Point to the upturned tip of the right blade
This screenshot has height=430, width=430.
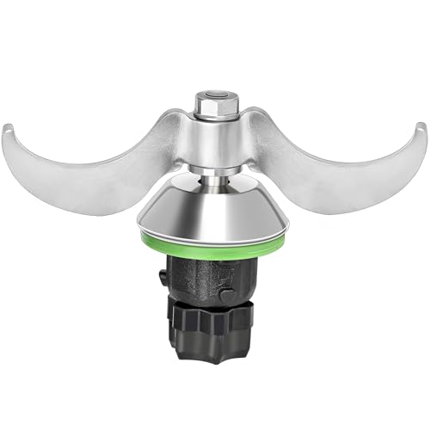pos(419,131)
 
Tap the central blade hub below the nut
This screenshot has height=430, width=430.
pos(214,138)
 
